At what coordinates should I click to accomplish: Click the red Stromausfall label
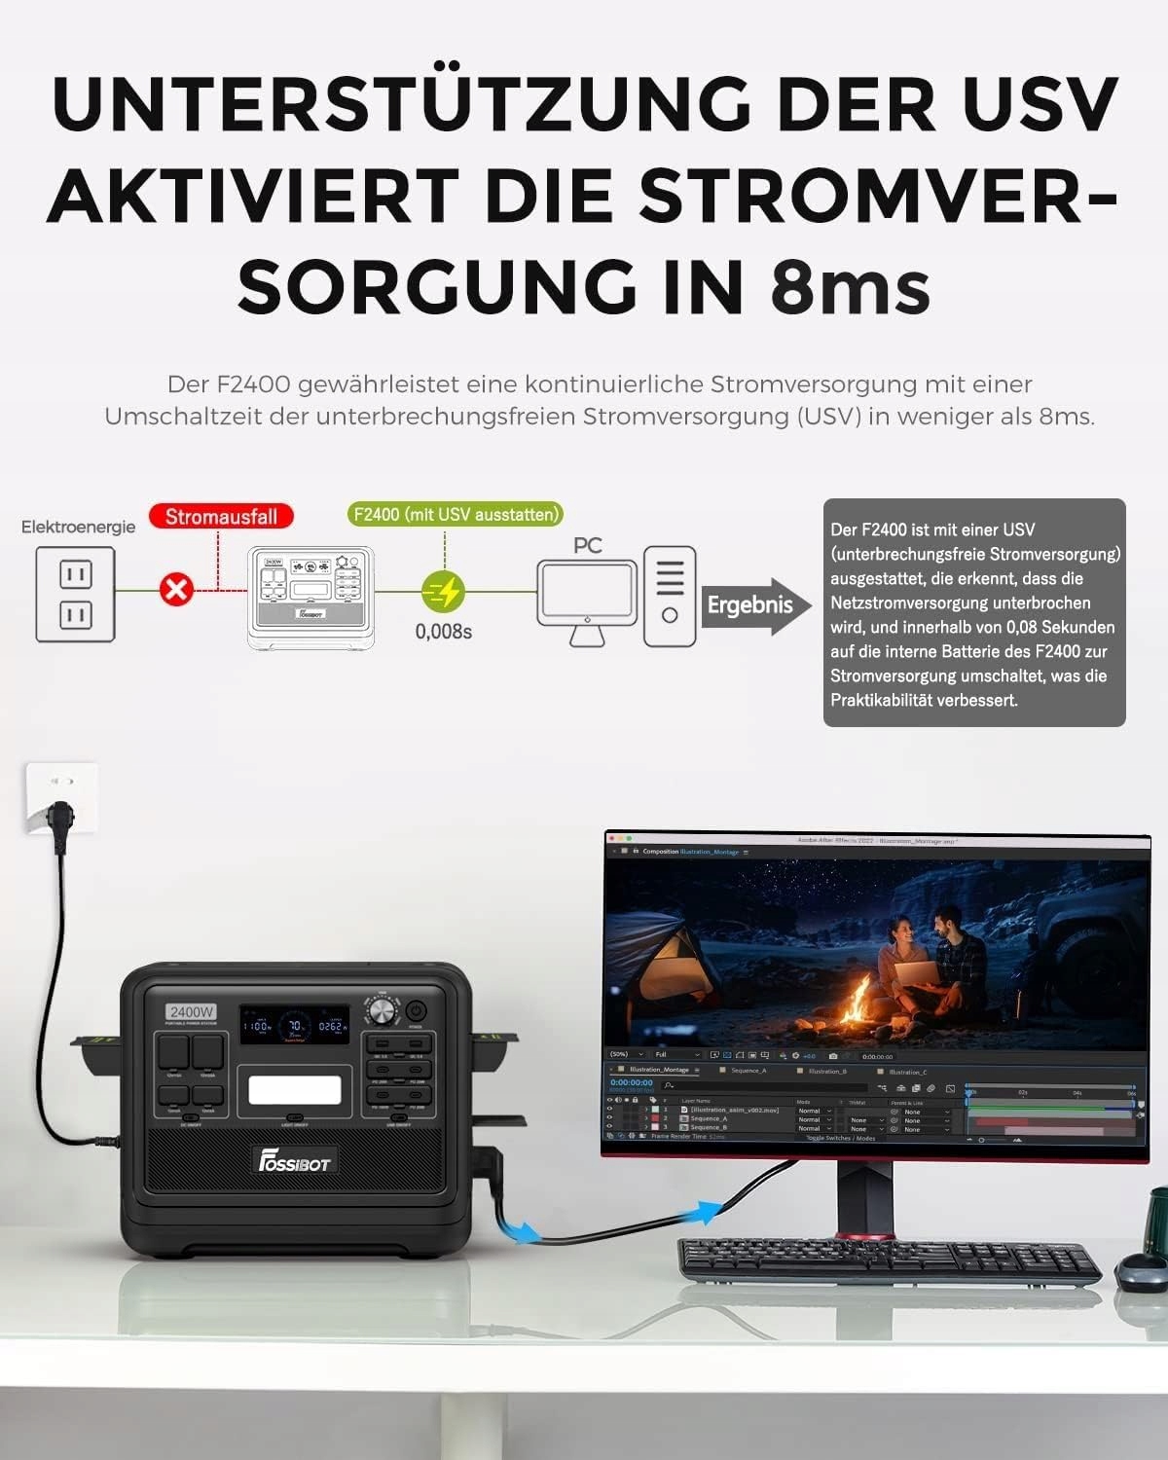(221, 517)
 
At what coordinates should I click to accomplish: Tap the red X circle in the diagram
(177, 589)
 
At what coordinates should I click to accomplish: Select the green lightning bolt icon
(444, 591)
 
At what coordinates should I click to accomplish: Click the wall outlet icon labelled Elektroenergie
(76, 594)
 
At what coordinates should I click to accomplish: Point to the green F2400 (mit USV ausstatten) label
(456, 514)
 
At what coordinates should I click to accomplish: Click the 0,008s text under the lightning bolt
(444, 632)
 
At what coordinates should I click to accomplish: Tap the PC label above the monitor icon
(587, 546)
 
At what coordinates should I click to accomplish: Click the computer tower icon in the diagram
(670, 596)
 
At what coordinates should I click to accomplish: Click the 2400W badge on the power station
(192, 1012)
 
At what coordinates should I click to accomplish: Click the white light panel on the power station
(295, 1089)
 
